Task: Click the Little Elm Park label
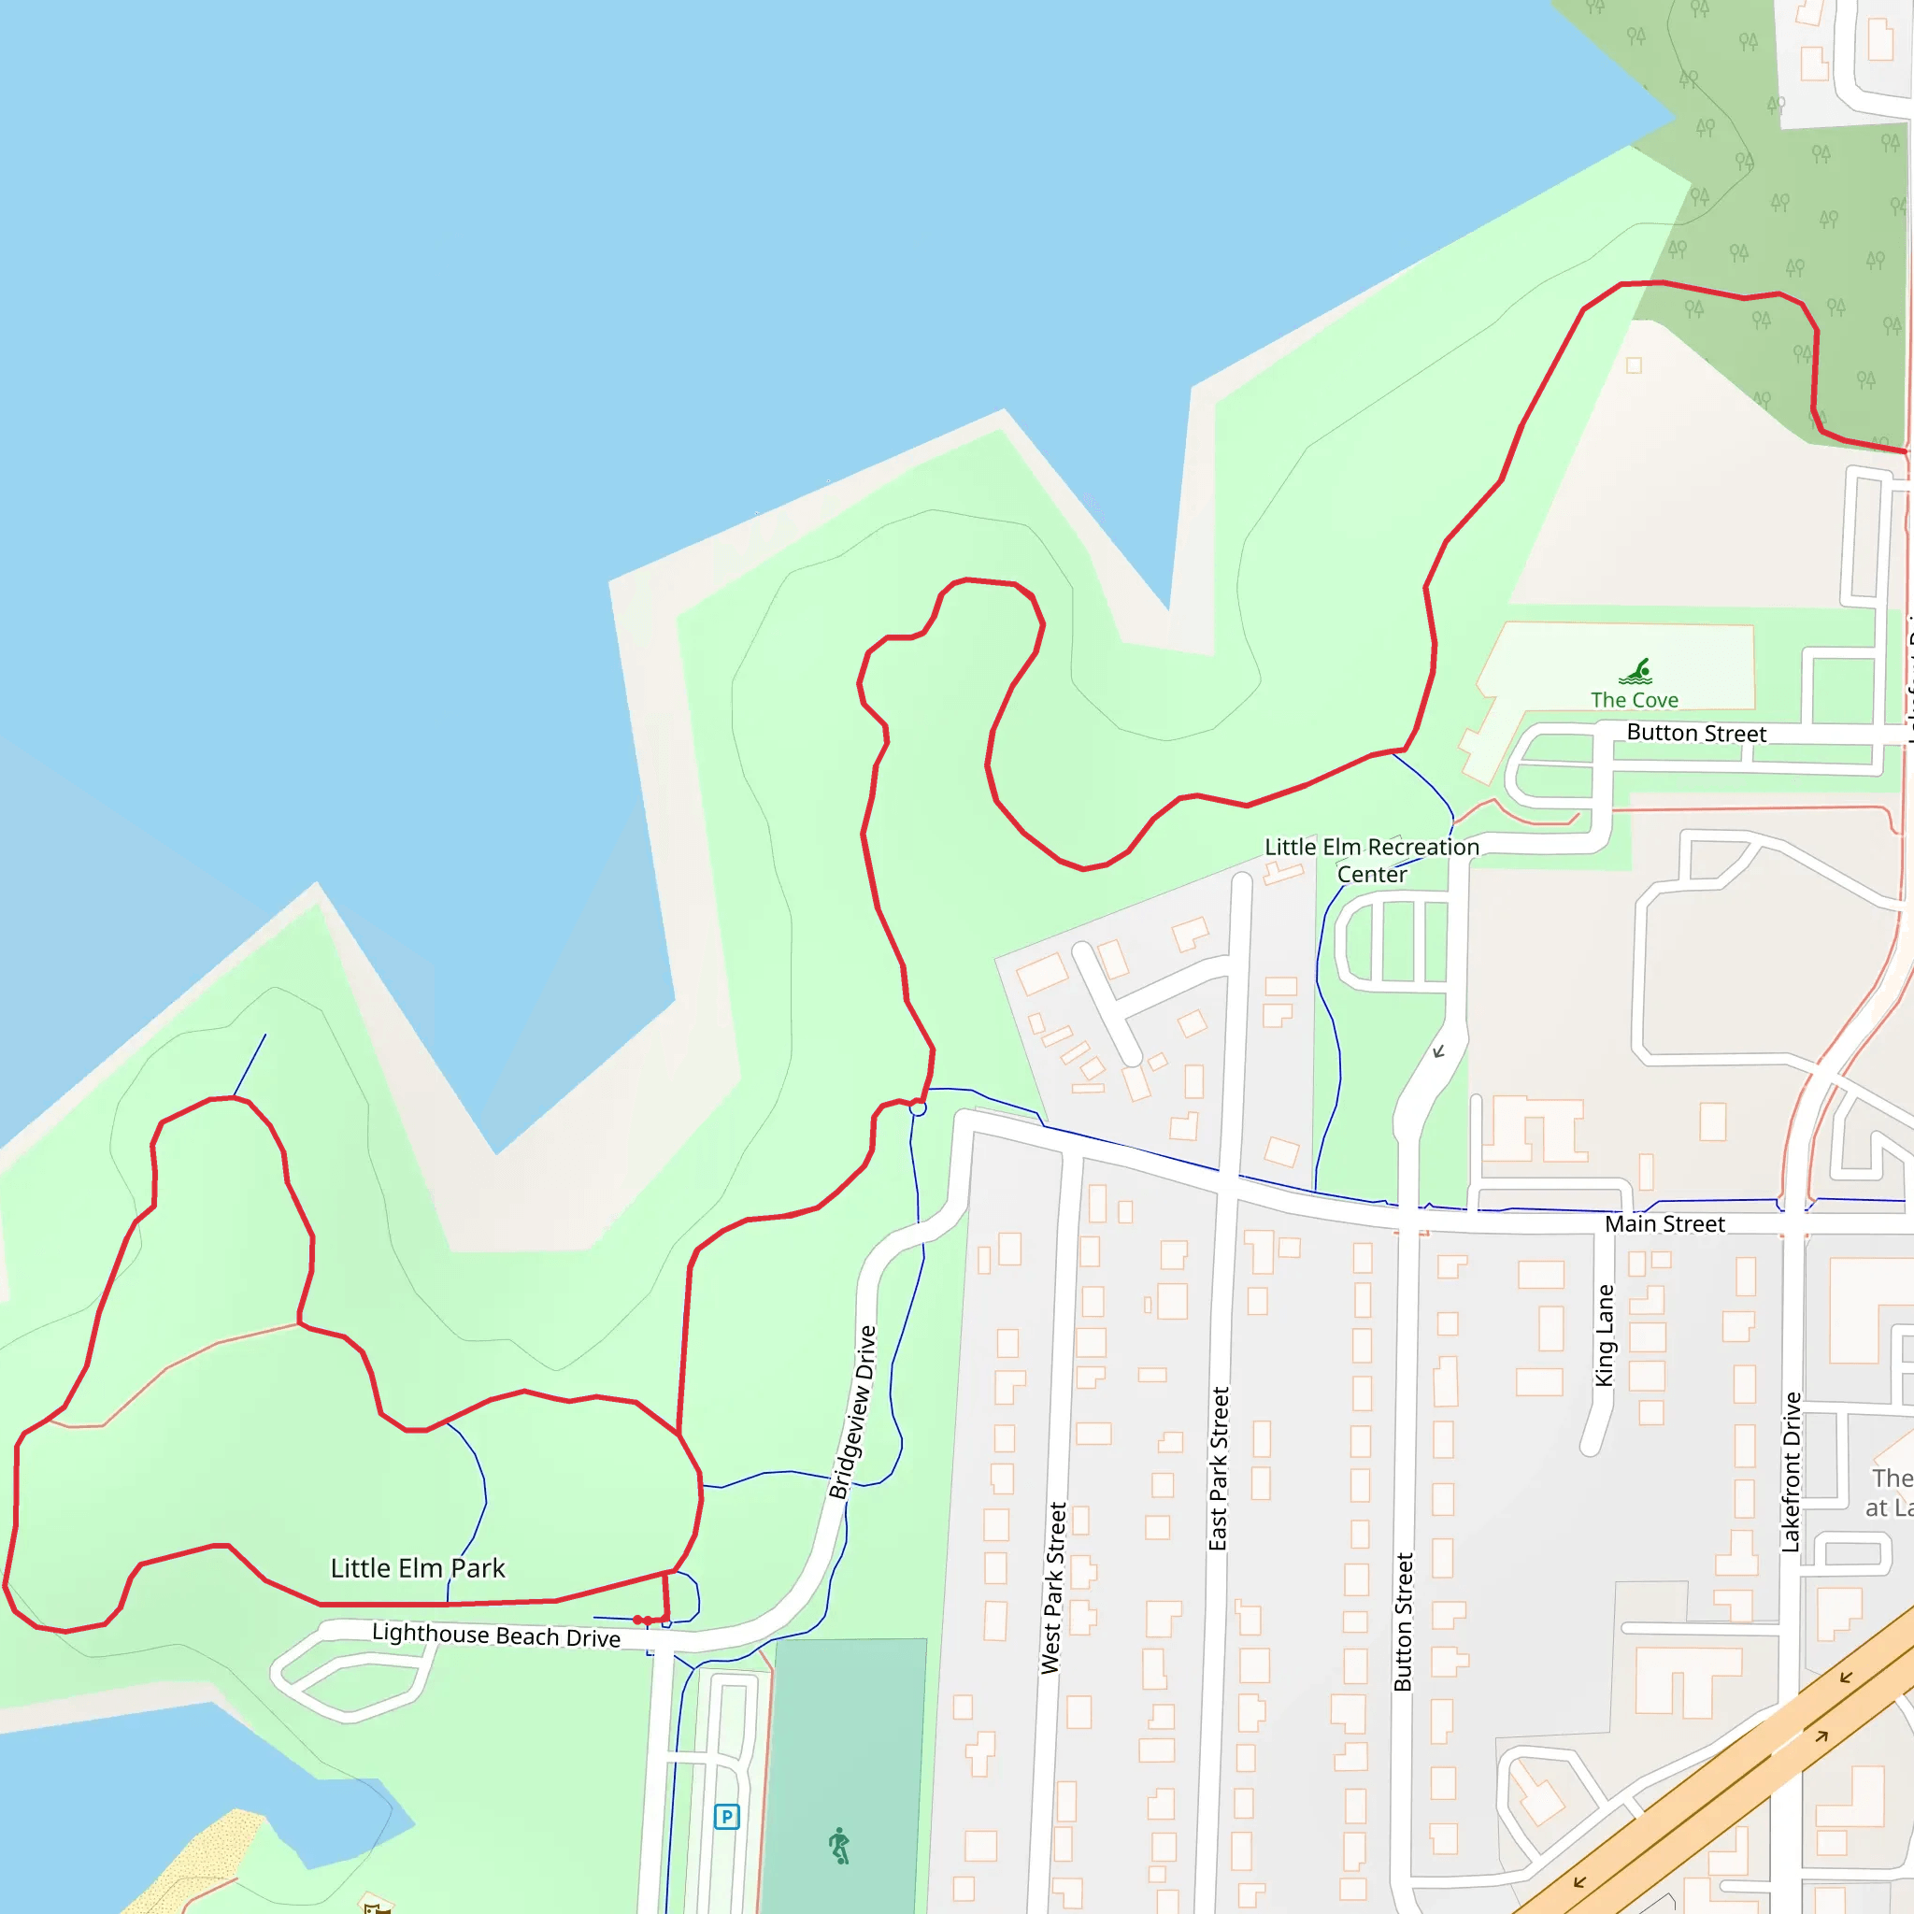point(417,1568)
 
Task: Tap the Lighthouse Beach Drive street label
point(496,1635)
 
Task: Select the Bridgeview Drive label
point(853,1413)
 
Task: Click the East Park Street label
point(1219,1468)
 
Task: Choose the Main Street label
point(1664,1224)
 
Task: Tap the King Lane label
point(1605,1336)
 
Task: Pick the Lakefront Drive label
point(1792,1472)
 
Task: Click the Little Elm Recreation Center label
point(1372,860)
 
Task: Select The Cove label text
point(1635,700)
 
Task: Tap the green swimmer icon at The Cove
point(1635,672)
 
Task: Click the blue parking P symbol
point(727,1817)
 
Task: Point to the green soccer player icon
point(840,1846)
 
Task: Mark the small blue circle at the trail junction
point(919,1108)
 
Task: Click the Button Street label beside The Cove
point(1696,734)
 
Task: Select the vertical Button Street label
point(1403,1621)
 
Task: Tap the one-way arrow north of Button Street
point(1438,1051)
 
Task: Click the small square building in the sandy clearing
point(1634,365)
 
